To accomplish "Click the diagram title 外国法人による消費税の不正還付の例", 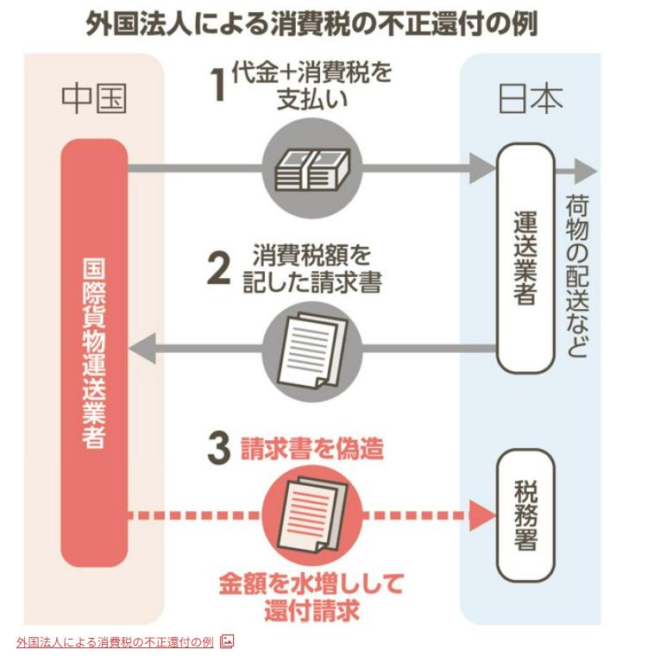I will [311, 23].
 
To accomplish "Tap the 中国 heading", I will [94, 99].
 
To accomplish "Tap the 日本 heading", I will [531, 99].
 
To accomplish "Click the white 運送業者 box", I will [525, 257].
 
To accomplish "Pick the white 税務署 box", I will [525, 515].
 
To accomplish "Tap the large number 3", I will [220, 449].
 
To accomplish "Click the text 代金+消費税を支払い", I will [311, 85].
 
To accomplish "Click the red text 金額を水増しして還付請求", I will [311, 596].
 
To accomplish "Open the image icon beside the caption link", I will [227, 641].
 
